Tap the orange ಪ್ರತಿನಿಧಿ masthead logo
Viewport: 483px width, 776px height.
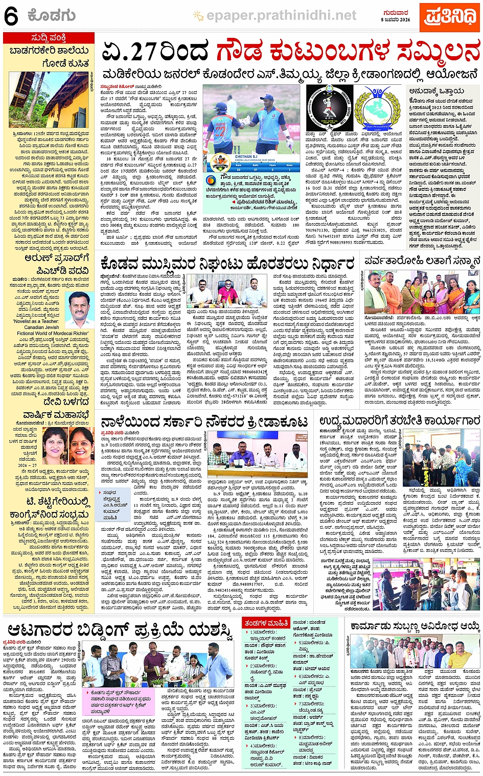pyautogui.click(x=449, y=15)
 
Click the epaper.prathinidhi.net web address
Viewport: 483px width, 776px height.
pyautogui.click(x=281, y=16)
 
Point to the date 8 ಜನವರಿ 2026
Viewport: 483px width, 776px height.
pyautogui.click(x=396, y=19)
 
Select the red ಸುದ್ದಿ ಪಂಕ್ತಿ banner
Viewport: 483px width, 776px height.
pyautogui.click(x=49, y=38)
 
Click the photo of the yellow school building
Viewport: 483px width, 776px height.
pyautogui.click(x=49, y=100)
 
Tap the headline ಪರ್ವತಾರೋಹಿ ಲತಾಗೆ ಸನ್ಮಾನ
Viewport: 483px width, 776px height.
pyautogui.click(x=422, y=261)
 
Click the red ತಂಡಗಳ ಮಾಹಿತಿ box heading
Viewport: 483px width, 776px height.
pyautogui.click(x=265, y=623)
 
